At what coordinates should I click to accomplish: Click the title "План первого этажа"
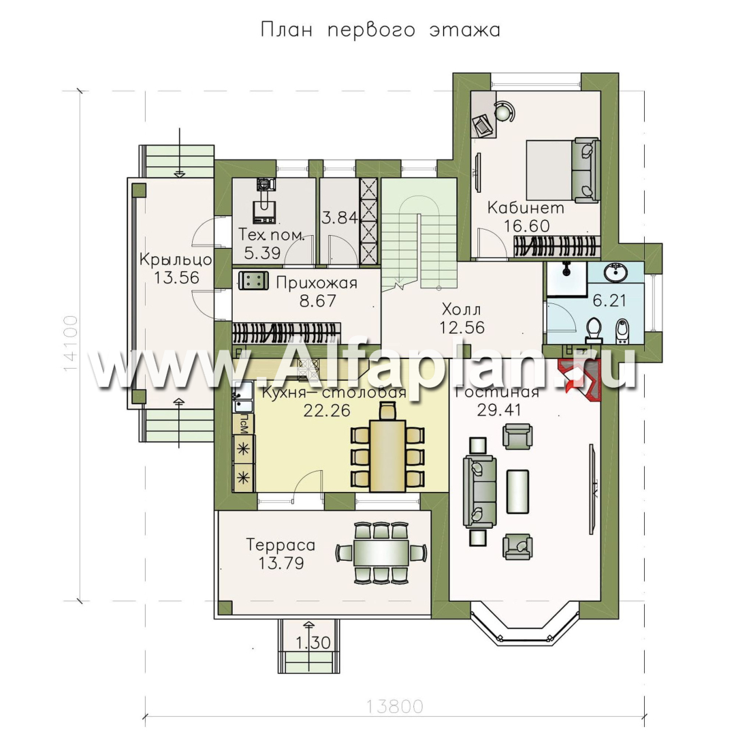pos(380,31)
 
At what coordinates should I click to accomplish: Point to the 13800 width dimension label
pos(394,706)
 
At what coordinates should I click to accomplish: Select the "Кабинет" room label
pos(526,208)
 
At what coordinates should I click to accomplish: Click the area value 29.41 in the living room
pos(499,410)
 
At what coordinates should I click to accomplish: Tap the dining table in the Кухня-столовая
pos(387,456)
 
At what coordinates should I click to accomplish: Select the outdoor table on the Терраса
pos(381,553)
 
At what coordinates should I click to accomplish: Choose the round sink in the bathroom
pos(615,273)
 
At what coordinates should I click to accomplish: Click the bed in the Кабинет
pos(563,170)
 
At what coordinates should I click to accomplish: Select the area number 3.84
pos(340,217)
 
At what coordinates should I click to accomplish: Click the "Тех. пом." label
pos(272,235)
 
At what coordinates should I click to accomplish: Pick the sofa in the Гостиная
pos(480,492)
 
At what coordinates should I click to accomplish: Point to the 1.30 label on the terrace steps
pos(313,642)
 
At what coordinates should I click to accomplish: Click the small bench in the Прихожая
pos(253,281)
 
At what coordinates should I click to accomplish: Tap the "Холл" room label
pos(462,309)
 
